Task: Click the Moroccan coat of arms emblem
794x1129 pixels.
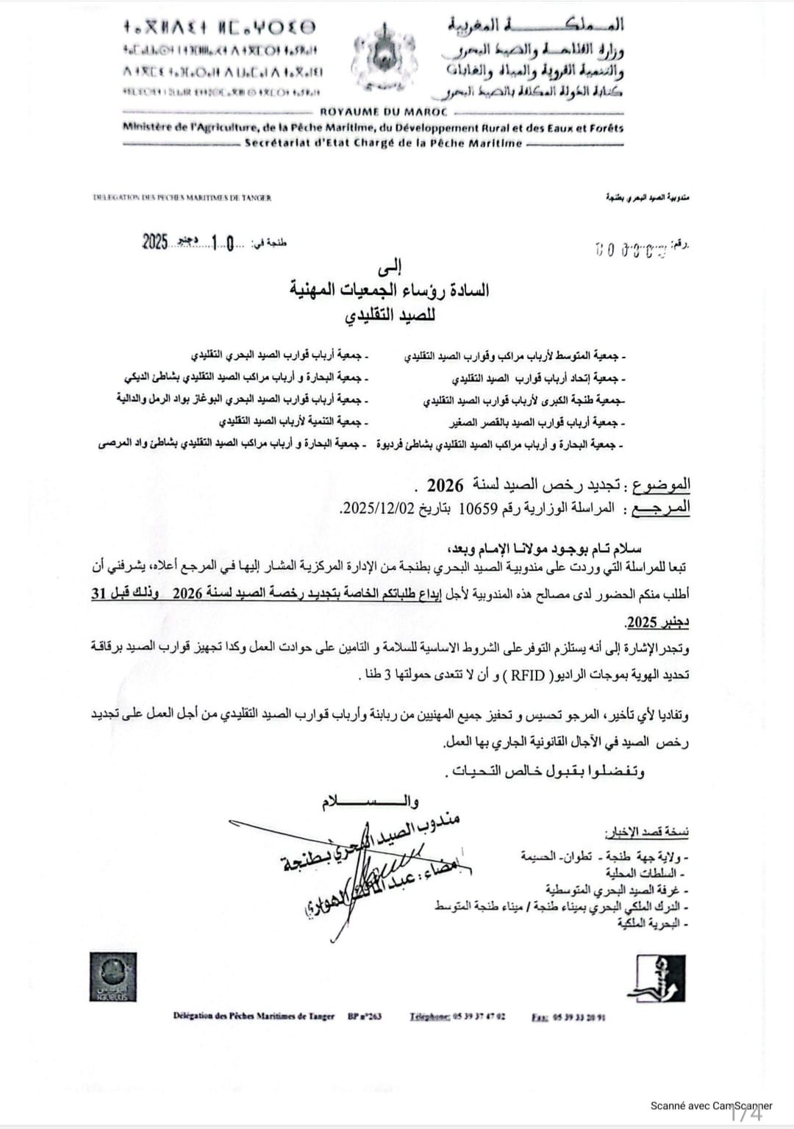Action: click(x=384, y=58)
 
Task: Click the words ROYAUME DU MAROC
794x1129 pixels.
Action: click(x=384, y=113)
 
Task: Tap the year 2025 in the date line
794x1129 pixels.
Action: click(x=155, y=241)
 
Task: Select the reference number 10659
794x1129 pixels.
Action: click(x=478, y=508)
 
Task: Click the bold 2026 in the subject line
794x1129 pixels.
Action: click(x=446, y=485)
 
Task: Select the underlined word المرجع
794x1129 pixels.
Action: click(x=660, y=508)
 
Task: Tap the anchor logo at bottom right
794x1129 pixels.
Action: click(x=657, y=978)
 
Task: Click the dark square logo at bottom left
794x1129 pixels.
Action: click(x=112, y=977)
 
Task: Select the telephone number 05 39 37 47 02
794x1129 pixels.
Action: click(x=479, y=1016)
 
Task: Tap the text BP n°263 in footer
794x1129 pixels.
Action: click(x=365, y=1016)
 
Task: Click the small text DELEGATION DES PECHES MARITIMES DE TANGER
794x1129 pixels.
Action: click(x=182, y=198)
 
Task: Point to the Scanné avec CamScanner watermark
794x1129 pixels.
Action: click(x=711, y=1105)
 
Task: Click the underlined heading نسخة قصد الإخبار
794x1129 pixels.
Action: click(x=646, y=832)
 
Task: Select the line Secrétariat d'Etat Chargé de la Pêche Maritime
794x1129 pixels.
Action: click(x=383, y=143)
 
